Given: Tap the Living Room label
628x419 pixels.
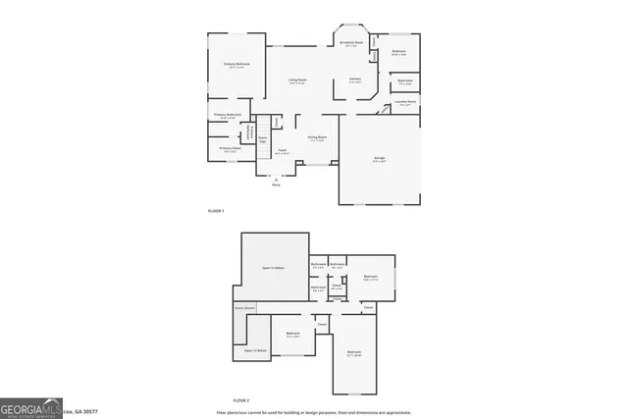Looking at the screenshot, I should (297, 79).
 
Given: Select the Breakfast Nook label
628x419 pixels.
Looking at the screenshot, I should (351, 43).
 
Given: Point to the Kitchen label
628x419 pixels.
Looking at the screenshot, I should (355, 79).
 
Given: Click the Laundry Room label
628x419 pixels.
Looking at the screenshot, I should (405, 102).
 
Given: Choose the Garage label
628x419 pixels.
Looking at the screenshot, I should (379, 157).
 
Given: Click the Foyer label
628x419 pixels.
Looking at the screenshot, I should (282, 150).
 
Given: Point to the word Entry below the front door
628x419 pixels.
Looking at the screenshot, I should (276, 185).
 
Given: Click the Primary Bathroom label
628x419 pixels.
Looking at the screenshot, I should (228, 115).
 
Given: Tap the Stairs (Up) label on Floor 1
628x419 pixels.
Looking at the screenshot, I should (263, 139).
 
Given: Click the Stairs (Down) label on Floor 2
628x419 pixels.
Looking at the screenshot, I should (244, 308).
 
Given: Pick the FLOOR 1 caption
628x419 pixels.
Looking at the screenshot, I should (216, 211).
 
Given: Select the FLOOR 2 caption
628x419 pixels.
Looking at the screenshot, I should (241, 401).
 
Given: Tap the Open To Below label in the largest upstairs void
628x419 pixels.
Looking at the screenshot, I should (273, 268).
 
